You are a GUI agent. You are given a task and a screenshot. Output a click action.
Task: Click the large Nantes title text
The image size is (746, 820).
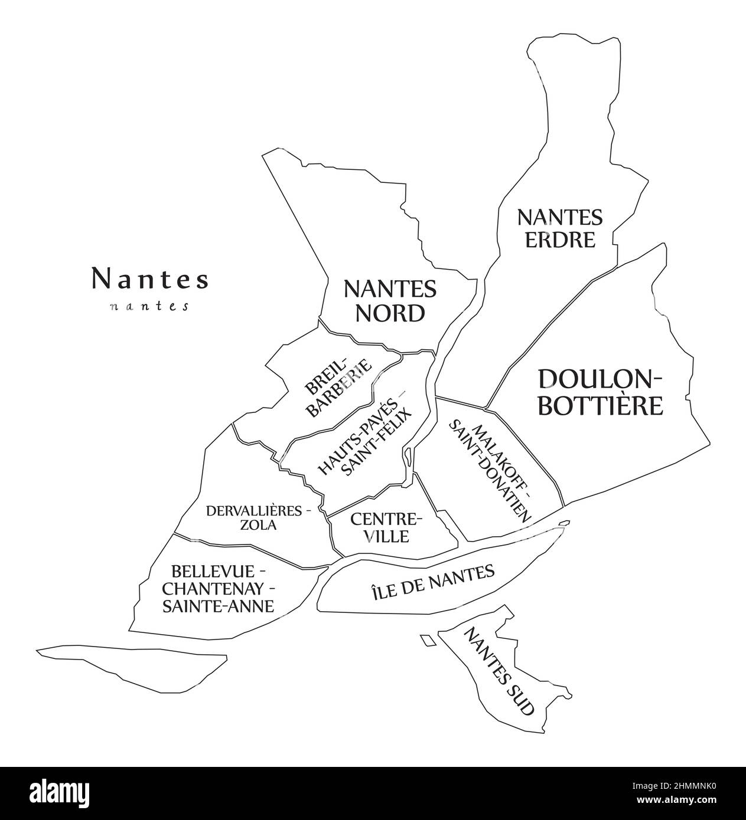tap(149, 279)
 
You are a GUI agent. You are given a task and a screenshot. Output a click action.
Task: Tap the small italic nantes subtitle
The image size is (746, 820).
tap(149, 307)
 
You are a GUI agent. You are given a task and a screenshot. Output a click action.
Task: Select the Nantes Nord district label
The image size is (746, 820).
tap(390, 301)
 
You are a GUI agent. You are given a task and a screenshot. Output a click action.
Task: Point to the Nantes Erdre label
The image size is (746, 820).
tap(559, 228)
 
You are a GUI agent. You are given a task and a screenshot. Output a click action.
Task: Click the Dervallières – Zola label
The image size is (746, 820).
tap(258, 517)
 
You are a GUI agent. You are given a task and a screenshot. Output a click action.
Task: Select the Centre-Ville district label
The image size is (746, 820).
tap(387, 527)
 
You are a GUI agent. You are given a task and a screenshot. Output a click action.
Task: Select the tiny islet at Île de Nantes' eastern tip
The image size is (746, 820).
tap(564, 522)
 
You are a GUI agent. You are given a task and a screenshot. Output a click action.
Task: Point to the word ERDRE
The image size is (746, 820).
tap(559, 240)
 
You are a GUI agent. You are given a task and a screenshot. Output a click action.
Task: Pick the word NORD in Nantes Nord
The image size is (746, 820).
tap(390, 313)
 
